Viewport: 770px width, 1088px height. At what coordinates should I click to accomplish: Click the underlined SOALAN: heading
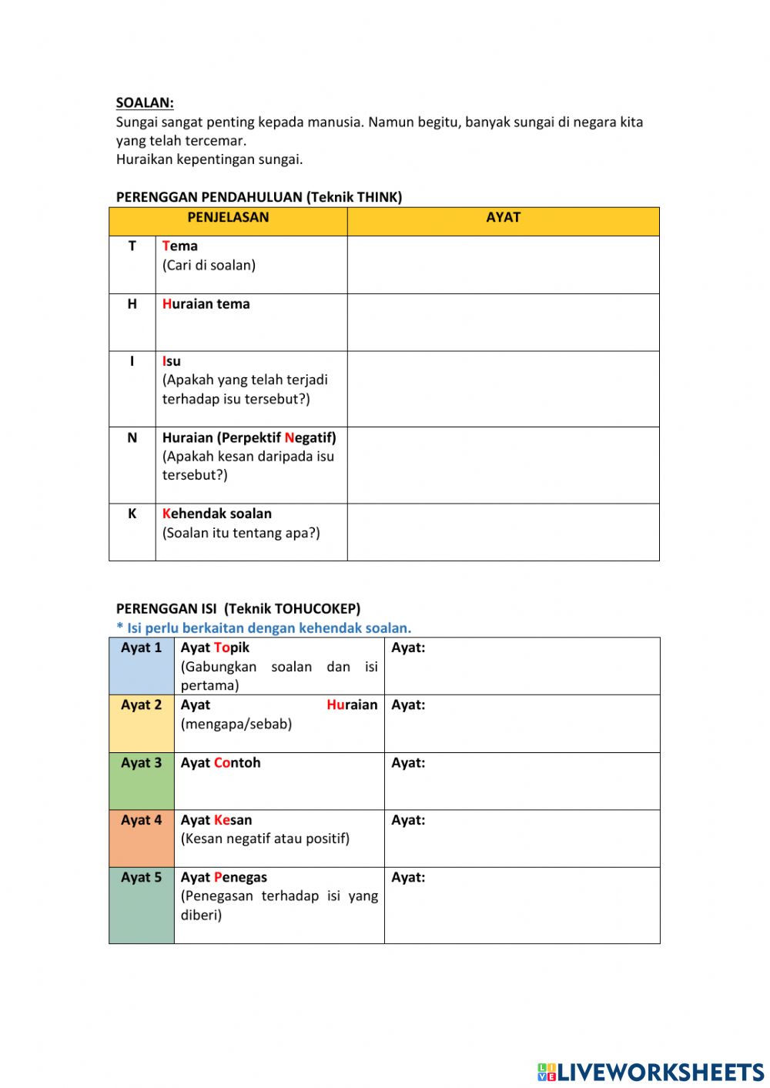[145, 102]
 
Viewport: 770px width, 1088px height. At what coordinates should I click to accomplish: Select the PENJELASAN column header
[228, 218]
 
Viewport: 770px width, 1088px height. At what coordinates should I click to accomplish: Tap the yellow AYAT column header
[503, 218]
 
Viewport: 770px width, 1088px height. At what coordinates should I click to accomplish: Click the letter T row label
[132, 246]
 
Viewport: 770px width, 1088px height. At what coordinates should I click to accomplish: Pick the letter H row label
[132, 304]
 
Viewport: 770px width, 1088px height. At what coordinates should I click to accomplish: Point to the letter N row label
[132, 438]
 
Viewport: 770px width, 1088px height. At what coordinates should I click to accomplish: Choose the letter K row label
[132, 514]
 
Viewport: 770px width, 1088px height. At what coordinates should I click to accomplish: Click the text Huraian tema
[206, 304]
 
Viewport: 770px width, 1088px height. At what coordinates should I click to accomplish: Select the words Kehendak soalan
[216, 514]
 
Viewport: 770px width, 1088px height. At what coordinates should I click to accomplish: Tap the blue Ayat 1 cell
[142, 666]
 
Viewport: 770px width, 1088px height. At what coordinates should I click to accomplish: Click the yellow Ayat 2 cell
[142, 724]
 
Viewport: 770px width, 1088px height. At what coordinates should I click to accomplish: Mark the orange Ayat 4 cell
[142, 839]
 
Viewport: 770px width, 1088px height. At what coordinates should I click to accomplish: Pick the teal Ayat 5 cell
[142, 906]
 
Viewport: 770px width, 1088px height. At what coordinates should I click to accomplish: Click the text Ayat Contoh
[220, 763]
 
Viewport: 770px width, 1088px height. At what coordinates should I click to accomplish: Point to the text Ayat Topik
[215, 648]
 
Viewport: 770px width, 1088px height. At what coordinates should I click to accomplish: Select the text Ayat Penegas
[223, 878]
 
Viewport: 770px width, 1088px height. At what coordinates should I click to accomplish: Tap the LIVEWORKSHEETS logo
[651, 1072]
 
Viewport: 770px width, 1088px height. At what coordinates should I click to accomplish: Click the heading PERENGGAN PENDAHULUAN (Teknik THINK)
[259, 197]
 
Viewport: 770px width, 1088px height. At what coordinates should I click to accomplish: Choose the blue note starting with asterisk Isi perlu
[263, 628]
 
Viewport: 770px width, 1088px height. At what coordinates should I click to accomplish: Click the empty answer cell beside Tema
[503, 265]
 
